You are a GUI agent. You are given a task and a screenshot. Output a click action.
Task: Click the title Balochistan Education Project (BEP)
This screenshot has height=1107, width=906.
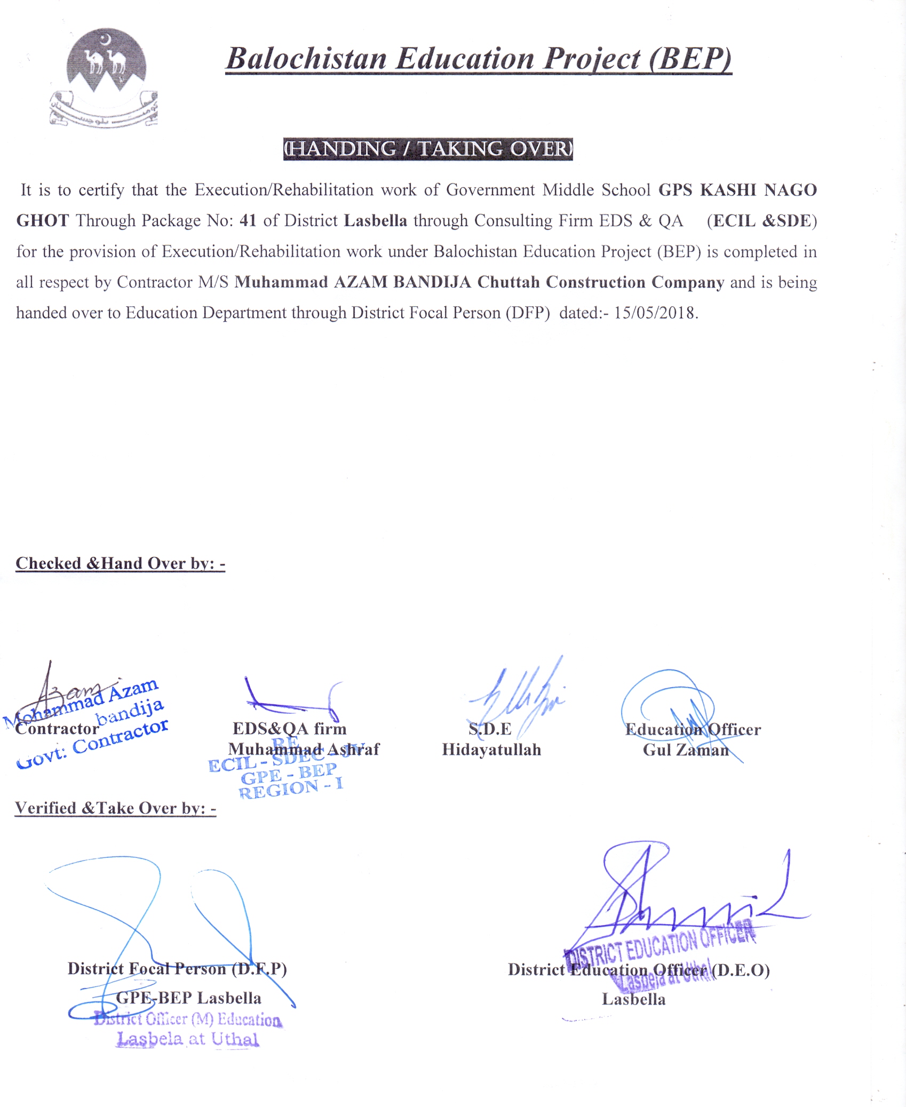click(x=478, y=59)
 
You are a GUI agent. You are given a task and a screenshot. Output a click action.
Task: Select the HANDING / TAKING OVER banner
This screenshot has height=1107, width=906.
click(x=427, y=149)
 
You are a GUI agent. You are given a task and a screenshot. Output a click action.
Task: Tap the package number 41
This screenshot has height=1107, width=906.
click(x=248, y=220)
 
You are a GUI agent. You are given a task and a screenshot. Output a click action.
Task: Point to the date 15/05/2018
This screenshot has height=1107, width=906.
click(x=656, y=313)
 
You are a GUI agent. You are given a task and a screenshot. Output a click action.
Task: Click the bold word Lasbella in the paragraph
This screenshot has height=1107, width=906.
click(x=375, y=220)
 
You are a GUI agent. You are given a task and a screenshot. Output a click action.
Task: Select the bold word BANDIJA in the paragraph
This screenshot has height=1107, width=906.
click(x=432, y=282)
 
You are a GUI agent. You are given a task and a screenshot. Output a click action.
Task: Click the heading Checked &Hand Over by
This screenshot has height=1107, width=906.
click(x=120, y=563)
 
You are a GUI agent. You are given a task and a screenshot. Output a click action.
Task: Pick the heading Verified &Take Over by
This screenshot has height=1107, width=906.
click(x=115, y=808)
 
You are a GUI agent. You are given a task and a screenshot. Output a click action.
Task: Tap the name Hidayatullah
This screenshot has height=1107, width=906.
click(x=491, y=750)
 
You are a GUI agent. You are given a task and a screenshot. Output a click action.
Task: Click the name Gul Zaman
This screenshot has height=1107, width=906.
click(x=686, y=750)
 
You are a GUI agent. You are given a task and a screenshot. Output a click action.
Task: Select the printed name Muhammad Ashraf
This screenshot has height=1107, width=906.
click(x=304, y=749)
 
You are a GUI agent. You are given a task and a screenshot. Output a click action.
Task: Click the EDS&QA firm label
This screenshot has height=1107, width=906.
click(x=289, y=728)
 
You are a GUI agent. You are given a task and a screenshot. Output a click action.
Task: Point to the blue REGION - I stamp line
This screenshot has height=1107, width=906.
click(x=291, y=788)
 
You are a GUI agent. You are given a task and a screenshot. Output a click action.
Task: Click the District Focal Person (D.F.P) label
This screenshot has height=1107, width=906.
click(x=177, y=968)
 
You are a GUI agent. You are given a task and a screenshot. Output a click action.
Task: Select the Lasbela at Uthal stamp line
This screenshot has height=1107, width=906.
click(x=188, y=1039)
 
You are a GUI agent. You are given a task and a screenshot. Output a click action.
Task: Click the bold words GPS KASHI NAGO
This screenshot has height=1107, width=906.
click(x=737, y=190)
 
